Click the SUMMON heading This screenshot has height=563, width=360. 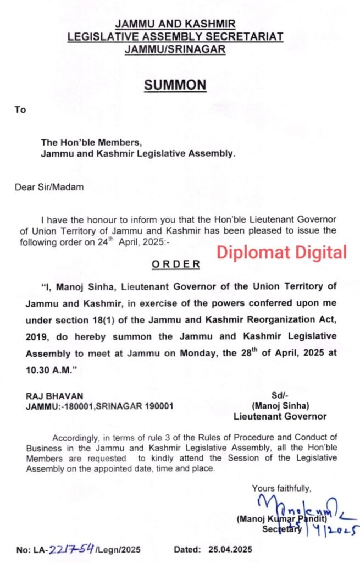click(175, 85)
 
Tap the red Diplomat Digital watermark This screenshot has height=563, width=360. click(281, 252)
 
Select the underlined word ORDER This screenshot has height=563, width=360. click(176, 264)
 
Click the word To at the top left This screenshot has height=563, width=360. click(20, 109)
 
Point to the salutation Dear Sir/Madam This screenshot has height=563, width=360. click(49, 187)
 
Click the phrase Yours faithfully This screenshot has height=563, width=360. click(281, 488)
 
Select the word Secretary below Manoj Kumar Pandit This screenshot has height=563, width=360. click(282, 529)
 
